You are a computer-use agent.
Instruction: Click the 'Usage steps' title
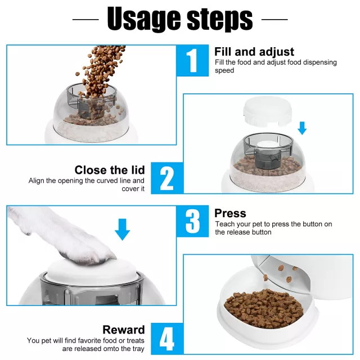pos(180,19)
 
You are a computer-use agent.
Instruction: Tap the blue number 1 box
pos(192,61)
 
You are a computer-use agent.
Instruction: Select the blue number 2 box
pos(167,178)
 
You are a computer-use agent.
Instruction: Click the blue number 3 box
pos(192,221)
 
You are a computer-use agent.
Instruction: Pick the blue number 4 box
pos(167,339)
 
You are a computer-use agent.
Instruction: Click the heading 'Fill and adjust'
pos(254,52)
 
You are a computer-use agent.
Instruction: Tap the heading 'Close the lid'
pos(110,170)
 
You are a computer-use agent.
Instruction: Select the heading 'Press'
pos(230,213)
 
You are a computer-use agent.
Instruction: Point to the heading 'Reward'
pos(124,330)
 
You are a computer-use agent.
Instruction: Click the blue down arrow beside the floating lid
pos(302,128)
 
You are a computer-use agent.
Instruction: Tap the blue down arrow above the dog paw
pos(123,229)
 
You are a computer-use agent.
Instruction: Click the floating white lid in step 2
pos(267,111)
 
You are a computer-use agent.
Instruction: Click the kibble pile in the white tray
pos(264,307)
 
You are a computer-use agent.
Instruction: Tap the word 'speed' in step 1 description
pos(224,70)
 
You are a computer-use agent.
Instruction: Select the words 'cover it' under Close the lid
pos(133,189)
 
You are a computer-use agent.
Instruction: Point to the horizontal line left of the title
pos(85,20)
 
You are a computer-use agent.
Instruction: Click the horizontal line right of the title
pos(274,20)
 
